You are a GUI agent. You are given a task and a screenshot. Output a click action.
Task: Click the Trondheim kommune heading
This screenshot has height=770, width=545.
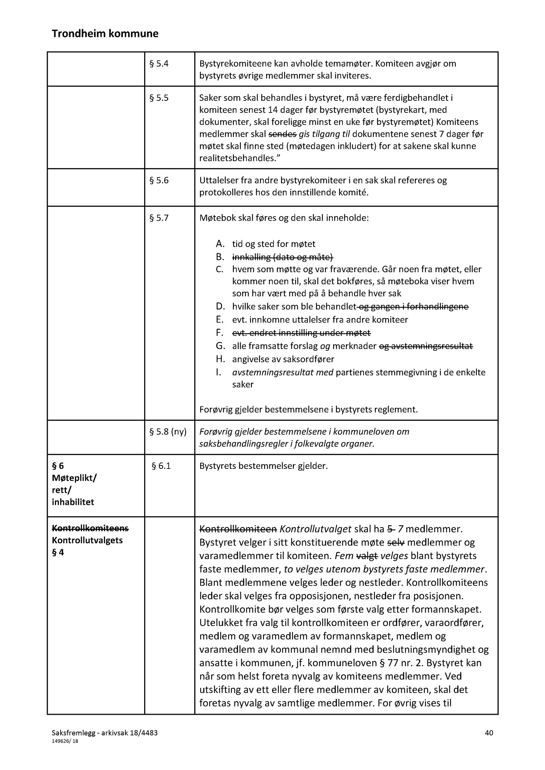tap(105, 34)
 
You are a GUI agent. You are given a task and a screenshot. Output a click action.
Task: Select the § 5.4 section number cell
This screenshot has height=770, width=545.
tap(159, 64)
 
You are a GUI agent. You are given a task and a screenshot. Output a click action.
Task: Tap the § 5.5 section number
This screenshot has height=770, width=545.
tap(159, 98)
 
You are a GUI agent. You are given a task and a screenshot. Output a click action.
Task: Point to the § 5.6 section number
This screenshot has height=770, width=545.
tap(159, 180)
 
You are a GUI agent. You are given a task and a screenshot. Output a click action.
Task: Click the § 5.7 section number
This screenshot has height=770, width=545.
tap(159, 218)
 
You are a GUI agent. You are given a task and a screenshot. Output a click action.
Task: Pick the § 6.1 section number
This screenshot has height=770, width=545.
tap(161, 466)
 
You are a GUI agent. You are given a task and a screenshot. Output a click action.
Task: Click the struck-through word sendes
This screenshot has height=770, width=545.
tap(282, 134)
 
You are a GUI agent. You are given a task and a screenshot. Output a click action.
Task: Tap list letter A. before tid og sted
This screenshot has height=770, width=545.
tap(220, 244)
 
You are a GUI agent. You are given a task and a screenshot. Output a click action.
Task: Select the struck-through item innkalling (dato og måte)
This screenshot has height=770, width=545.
tap(283, 257)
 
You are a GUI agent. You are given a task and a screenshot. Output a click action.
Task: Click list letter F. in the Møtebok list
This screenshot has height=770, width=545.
tap(220, 333)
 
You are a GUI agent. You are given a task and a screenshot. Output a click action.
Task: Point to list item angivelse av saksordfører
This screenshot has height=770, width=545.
tap(283, 359)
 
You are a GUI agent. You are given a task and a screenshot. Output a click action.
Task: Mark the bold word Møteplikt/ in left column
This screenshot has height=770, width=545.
tap(74, 478)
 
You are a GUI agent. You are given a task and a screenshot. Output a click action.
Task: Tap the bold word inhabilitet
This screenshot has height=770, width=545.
tap(73, 502)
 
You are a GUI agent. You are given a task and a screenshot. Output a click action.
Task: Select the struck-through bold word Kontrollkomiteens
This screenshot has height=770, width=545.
tap(90, 528)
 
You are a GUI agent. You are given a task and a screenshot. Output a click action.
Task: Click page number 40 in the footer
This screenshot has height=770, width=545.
tap(489, 732)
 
